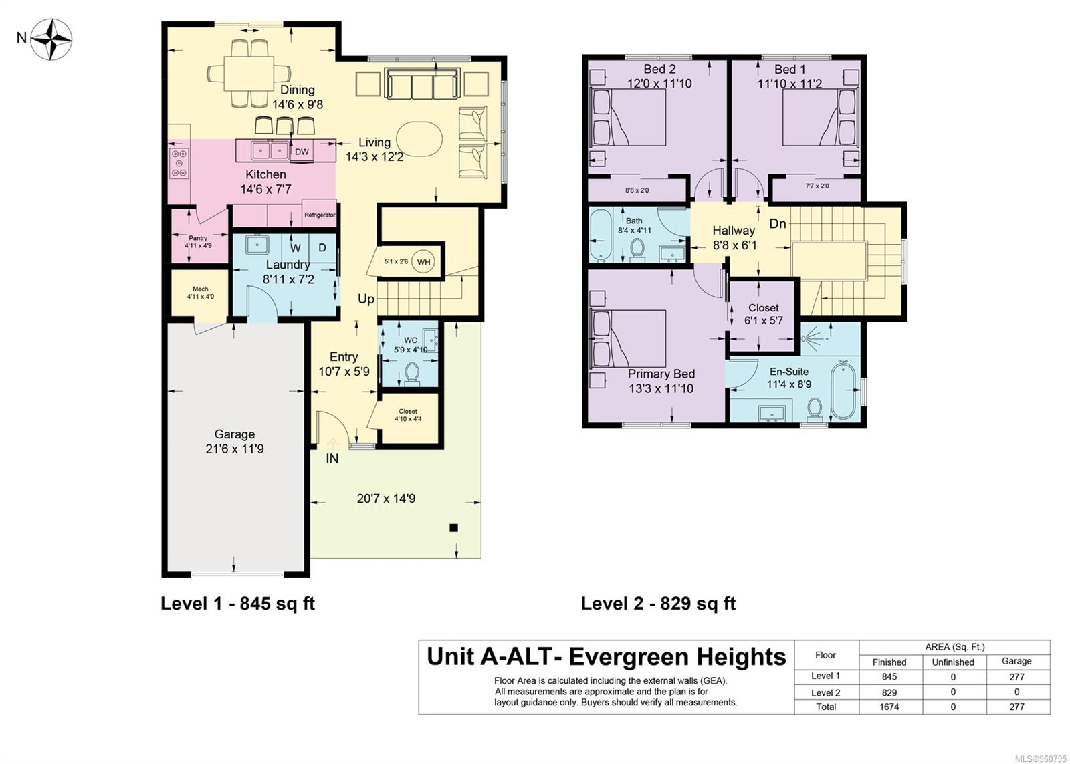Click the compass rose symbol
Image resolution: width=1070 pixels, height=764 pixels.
point(51,39)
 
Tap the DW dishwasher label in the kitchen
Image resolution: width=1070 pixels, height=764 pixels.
point(302,152)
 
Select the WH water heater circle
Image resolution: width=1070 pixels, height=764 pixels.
point(423,261)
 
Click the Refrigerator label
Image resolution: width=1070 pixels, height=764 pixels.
point(320,215)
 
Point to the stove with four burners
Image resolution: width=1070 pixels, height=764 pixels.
point(179,163)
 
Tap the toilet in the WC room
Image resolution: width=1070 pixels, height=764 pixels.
point(412,374)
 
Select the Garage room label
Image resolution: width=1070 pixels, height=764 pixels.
point(234,434)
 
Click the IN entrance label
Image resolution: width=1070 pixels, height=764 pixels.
point(332,459)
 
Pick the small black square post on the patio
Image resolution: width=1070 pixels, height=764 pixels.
point(454,527)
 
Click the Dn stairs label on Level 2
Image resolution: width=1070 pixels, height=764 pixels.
point(778,223)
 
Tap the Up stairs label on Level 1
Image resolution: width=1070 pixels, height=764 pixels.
point(366,299)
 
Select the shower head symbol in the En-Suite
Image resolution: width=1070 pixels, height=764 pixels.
point(807,338)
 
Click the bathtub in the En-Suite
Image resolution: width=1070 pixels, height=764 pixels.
point(842,390)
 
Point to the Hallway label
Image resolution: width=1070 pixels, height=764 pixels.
point(733,231)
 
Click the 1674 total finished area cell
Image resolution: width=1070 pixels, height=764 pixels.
point(889,707)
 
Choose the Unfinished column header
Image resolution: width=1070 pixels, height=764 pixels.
point(953,662)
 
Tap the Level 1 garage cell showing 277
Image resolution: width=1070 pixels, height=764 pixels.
point(1017,676)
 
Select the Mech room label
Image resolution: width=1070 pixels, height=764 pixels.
point(200,289)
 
